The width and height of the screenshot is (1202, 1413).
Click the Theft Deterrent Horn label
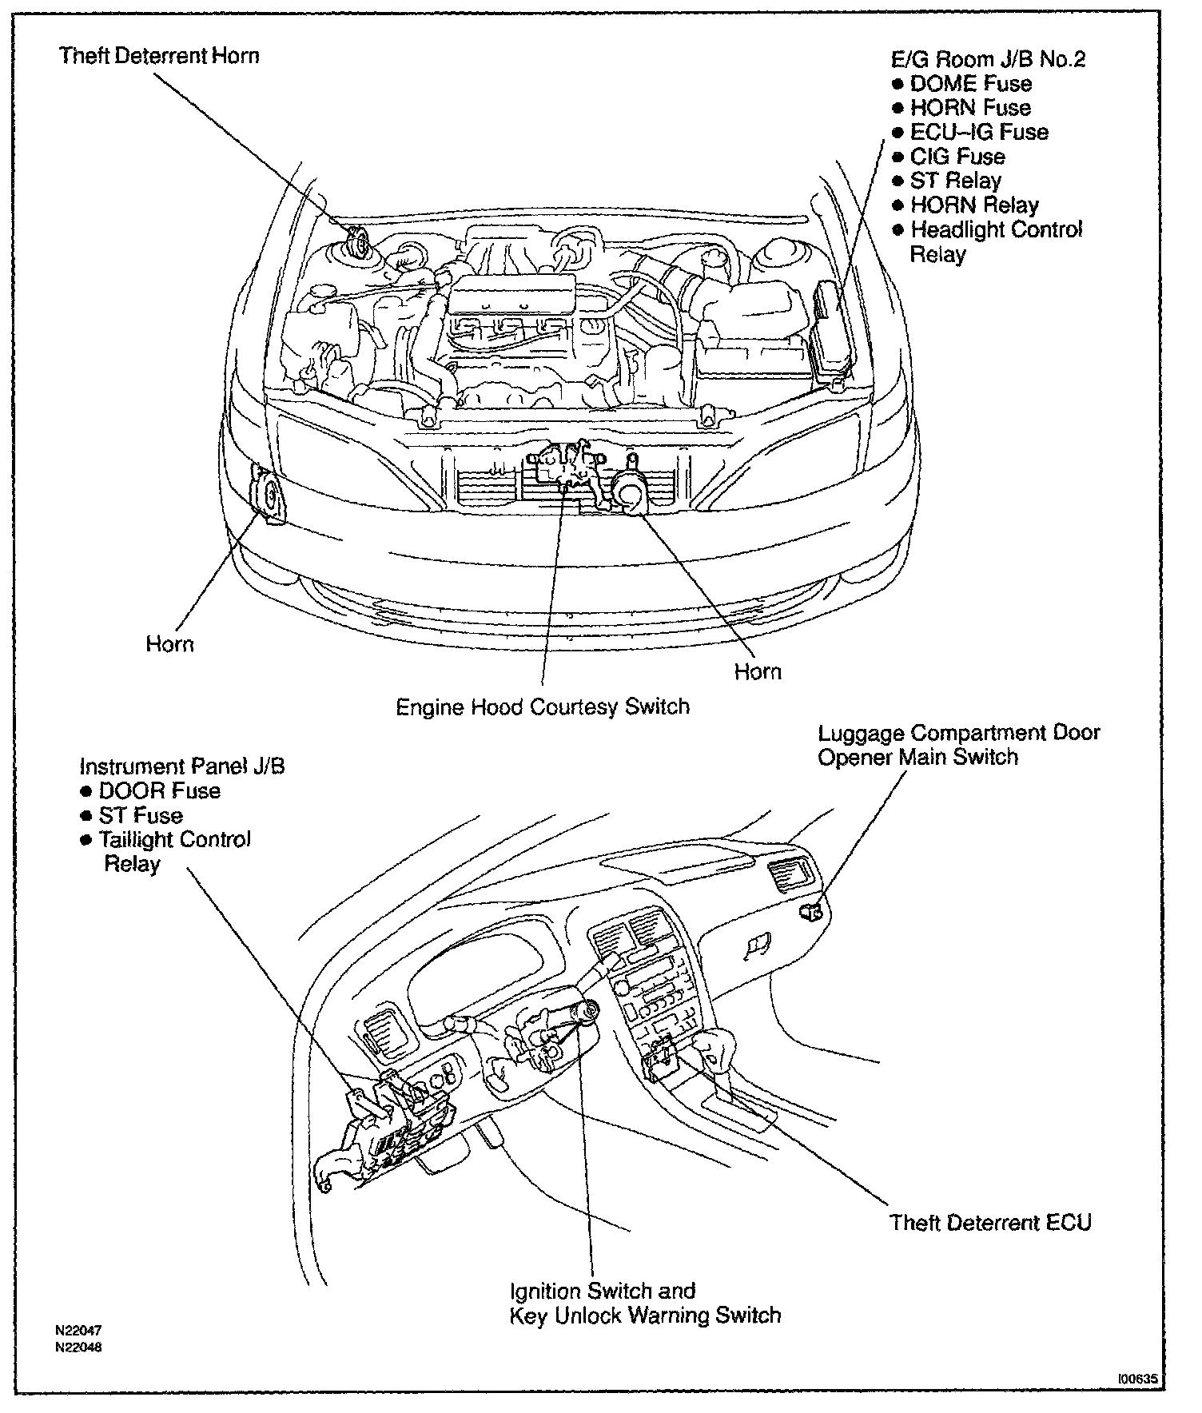click(159, 56)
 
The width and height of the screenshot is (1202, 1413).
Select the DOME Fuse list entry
click(970, 84)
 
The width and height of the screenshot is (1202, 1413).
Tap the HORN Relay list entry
click(974, 205)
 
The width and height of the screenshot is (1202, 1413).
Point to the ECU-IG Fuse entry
click(978, 133)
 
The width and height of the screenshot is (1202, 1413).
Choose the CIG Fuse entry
click(957, 157)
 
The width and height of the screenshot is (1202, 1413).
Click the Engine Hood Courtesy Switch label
click(543, 707)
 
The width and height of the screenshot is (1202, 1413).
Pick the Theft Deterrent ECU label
click(990, 1223)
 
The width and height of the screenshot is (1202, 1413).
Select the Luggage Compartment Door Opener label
click(958, 745)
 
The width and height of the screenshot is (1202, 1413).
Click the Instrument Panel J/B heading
click(182, 766)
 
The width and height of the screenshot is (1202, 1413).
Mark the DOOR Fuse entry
click(159, 791)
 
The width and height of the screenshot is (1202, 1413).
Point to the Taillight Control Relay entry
click(174, 852)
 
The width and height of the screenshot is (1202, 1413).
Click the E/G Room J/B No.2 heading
click(989, 59)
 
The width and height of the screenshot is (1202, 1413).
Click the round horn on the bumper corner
click(268, 498)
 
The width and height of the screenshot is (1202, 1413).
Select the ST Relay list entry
click(955, 181)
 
